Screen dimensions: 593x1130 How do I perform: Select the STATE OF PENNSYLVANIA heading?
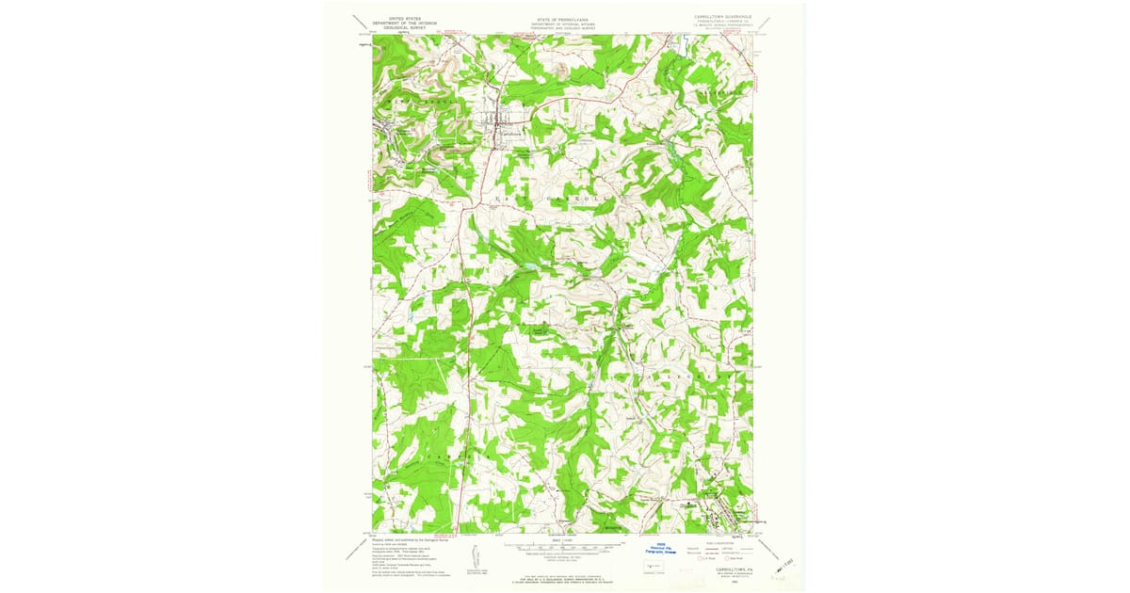(563, 18)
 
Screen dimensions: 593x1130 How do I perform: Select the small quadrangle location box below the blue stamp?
(651, 567)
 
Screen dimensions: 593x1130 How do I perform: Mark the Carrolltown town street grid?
(499, 123)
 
